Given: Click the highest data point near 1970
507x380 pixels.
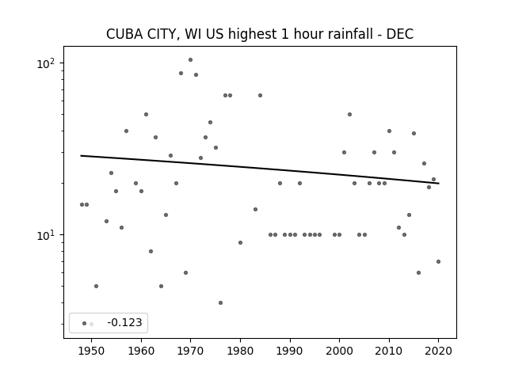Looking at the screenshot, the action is tap(190, 60).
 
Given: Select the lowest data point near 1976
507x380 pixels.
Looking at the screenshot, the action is tap(220, 302).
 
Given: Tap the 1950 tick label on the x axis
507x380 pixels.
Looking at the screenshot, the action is tap(92, 351).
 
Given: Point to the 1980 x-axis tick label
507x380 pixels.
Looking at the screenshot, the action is tap(240, 351).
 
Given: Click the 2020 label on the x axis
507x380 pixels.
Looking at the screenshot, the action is tap(438, 351).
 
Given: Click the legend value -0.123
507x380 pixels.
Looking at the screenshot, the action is tap(124, 322).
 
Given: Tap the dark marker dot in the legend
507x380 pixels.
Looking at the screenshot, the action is tap(84, 324).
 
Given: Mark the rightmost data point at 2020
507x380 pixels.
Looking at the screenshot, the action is tap(438, 262).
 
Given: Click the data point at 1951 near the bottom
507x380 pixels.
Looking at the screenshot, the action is tap(96, 287).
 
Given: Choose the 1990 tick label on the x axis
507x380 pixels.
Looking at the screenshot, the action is tap(290, 351).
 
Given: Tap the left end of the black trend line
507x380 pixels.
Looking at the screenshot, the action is tap(81, 156).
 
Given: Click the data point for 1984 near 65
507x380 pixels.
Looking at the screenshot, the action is tap(260, 95).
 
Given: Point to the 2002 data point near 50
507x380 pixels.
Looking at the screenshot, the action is tap(349, 114).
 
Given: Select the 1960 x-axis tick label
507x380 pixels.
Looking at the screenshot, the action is tap(141, 351).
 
